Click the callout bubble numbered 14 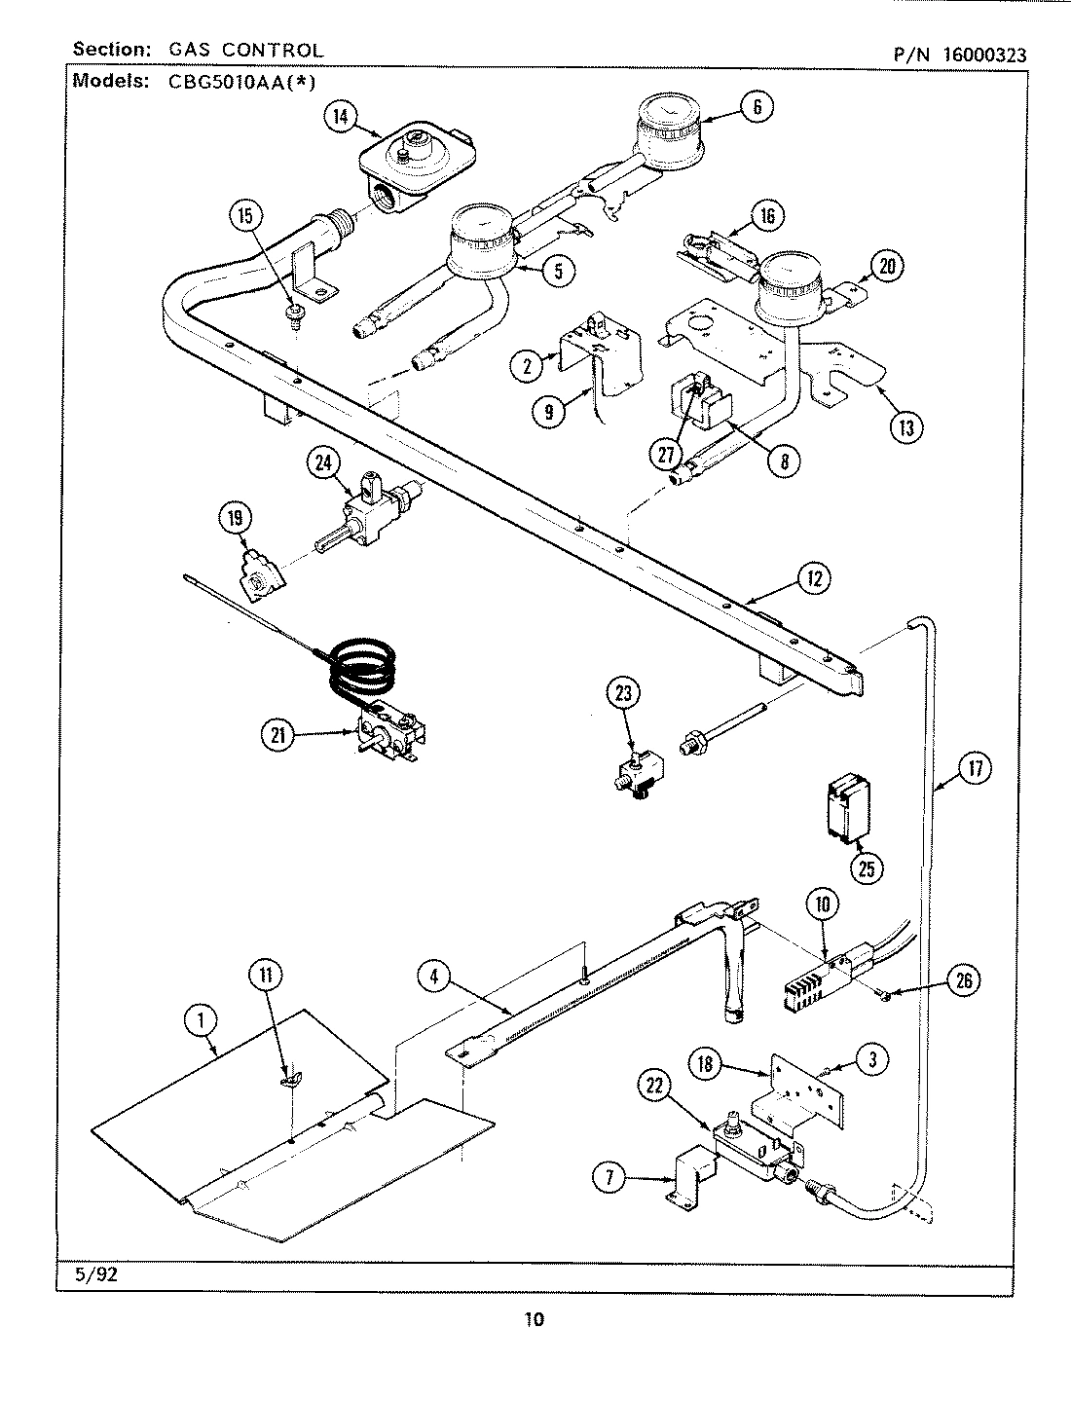[339, 118]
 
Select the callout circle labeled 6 [757, 105]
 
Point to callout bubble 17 [974, 769]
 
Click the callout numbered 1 [201, 1019]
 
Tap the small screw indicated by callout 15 [292, 314]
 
